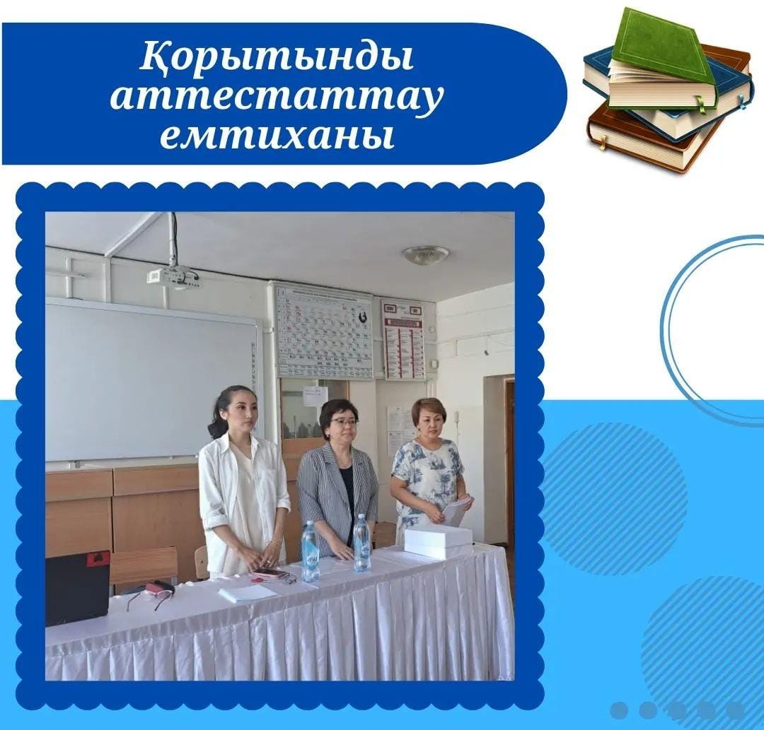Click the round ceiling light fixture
426,254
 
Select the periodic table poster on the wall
323,331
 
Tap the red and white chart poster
403,338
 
